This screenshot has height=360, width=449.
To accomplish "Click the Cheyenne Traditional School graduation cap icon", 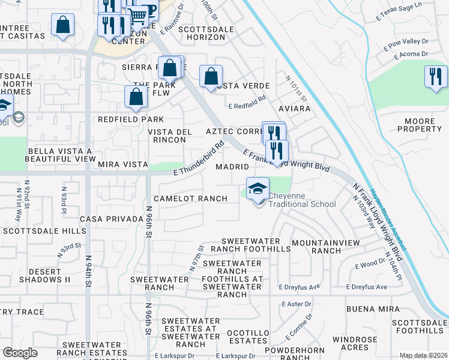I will coord(256,188).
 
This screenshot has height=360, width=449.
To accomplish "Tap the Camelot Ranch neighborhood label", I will coord(190,199).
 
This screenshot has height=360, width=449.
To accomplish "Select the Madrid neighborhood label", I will coord(232,166).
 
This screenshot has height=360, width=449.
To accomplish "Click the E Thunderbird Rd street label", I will coord(199,158).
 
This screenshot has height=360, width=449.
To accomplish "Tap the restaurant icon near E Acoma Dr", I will coord(436,77).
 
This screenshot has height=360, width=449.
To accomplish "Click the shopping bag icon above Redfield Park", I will coord(136,97).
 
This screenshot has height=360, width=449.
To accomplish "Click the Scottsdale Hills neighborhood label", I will coord(44,231).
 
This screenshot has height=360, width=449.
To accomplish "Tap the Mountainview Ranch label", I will coord(325,247).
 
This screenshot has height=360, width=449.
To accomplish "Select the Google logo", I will coord(20,353).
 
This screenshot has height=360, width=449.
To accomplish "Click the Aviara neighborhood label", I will coord(294,109).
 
